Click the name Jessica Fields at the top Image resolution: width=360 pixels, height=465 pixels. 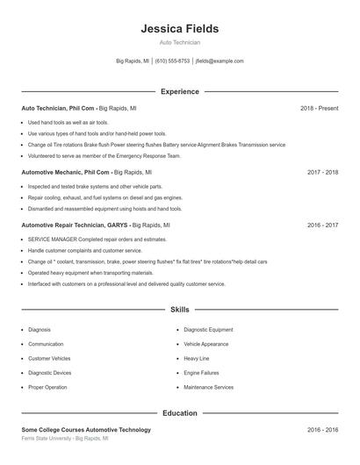click(x=179, y=28)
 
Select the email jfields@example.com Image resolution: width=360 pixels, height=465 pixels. click(x=219, y=61)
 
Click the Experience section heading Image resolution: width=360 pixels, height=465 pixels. click(x=179, y=91)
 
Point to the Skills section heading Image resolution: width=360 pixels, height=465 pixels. click(x=179, y=310)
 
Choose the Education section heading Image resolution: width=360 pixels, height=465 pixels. click(x=179, y=412)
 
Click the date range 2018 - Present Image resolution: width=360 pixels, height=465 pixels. click(x=319, y=108)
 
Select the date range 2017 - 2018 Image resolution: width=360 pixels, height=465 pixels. click(x=322, y=173)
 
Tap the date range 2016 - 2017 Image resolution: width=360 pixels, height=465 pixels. click(x=322, y=225)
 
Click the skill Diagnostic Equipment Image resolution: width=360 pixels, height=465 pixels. click(x=208, y=330)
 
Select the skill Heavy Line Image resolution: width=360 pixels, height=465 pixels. click(x=197, y=359)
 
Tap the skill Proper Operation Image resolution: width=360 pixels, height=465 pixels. click(x=47, y=387)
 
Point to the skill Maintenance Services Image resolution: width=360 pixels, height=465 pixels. click(x=208, y=387)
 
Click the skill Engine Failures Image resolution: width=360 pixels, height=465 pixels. click(x=201, y=373)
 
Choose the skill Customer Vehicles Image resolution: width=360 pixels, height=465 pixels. click(x=49, y=359)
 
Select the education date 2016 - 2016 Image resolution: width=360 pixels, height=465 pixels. click(x=322, y=430)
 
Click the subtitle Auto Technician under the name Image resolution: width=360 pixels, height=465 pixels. click(x=179, y=42)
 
